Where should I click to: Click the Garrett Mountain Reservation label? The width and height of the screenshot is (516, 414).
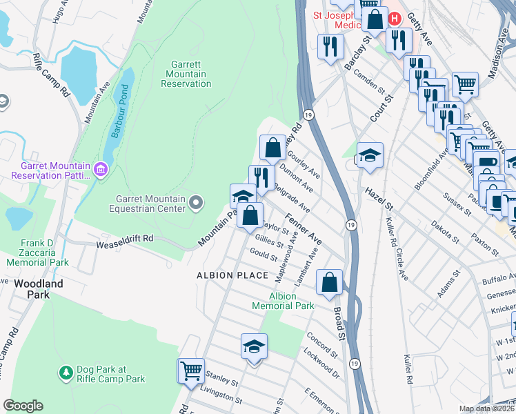(x=186, y=74)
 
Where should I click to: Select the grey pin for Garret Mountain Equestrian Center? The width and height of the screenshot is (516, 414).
(x=197, y=202)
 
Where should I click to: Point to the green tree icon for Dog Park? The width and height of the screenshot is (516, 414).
(x=66, y=372)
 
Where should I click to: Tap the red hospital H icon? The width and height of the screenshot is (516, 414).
(x=395, y=19)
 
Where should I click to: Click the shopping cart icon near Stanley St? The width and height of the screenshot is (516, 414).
(x=191, y=370)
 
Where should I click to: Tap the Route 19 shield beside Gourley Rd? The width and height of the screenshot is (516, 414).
(x=308, y=115)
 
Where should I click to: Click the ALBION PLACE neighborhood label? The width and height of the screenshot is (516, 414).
(x=232, y=275)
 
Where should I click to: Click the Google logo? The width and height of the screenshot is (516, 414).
(x=23, y=405)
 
